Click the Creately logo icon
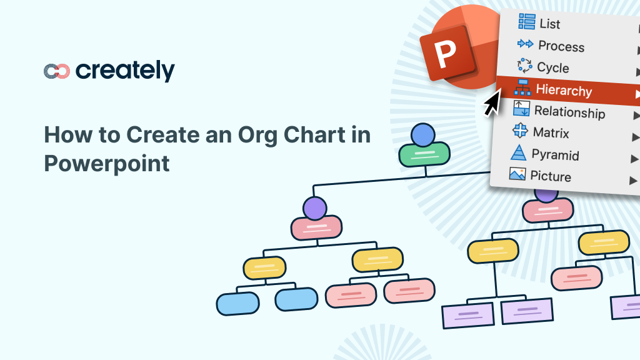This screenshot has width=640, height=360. (x=56, y=71)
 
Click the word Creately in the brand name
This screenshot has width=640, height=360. (x=125, y=71)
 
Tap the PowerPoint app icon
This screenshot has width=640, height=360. (x=444, y=54)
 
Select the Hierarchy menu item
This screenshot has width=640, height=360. (x=564, y=91)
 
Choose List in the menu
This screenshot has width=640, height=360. (x=549, y=24)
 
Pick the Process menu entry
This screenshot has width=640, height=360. (x=561, y=46)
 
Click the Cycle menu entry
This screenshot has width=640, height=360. (x=552, y=67)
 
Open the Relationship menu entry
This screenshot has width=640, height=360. (x=569, y=112)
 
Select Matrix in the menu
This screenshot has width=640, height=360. (x=551, y=132)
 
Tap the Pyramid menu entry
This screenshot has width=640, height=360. (x=555, y=154)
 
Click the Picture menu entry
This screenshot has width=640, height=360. (x=550, y=176)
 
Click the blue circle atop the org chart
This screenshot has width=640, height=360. (x=423, y=134)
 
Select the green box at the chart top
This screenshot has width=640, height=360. (x=424, y=154)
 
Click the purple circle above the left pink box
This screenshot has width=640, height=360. (x=315, y=208)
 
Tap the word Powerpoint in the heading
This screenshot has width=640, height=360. (x=107, y=163)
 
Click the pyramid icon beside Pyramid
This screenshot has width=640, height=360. (x=518, y=153)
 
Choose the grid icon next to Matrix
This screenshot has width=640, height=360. (x=520, y=131)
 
